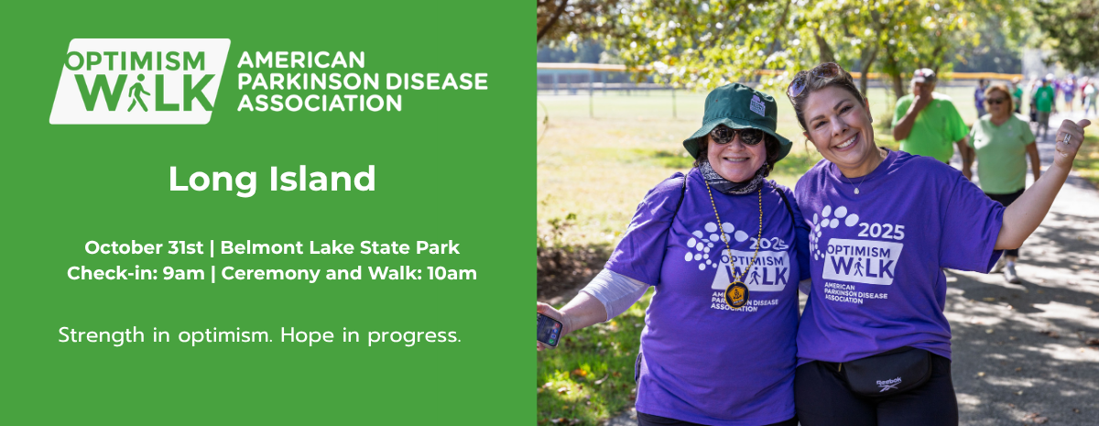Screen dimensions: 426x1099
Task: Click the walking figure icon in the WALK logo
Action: [x=138, y=93]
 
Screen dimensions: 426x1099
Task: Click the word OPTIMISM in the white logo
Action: [x=136, y=60]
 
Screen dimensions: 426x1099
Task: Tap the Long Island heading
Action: [x=272, y=179]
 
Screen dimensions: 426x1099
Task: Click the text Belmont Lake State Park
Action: [x=340, y=247]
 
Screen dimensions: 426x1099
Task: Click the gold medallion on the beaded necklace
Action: [x=737, y=294]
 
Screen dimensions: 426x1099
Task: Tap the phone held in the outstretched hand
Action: [x=549, y=330]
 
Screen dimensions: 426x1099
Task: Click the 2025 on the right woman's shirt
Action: [x=882, y=231]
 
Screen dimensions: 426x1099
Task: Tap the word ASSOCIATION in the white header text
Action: [x=319, y=104]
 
